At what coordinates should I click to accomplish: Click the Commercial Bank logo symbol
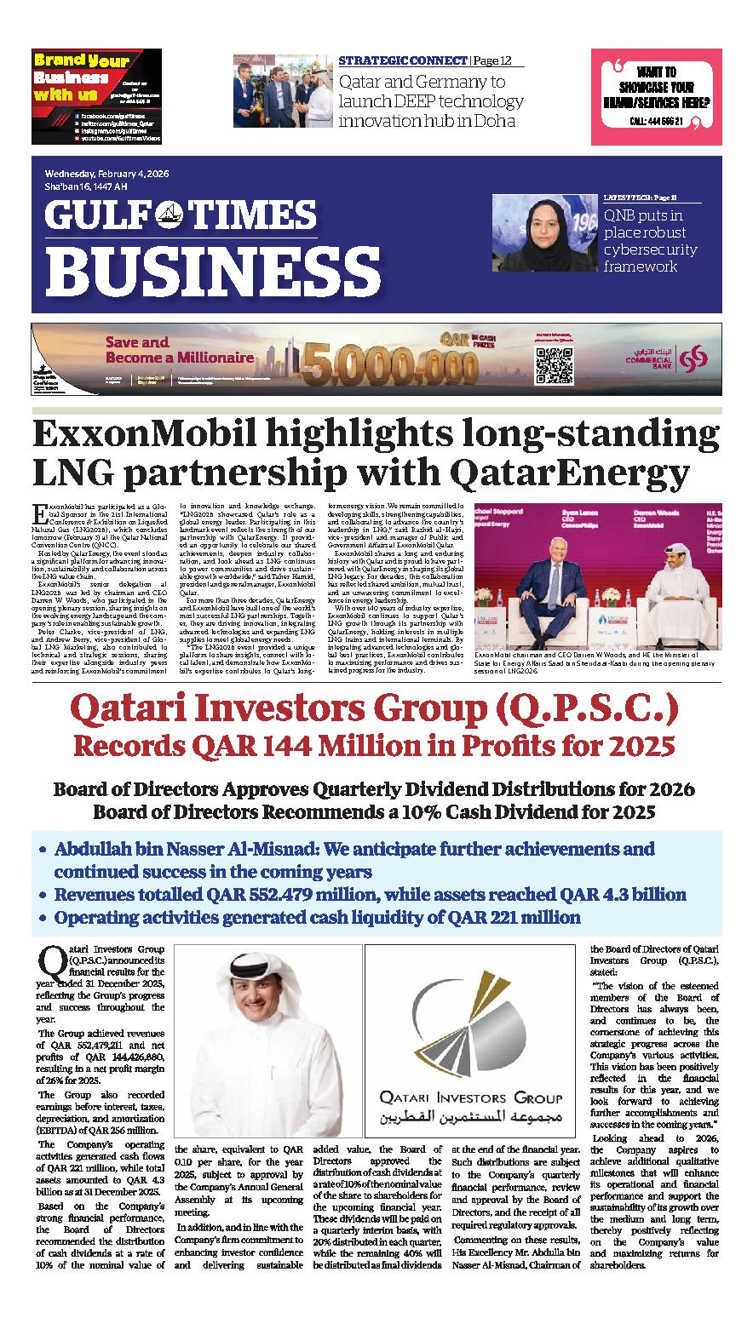pyautogui.click(x=697, y=353)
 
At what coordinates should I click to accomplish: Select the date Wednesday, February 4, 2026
pyautogui.click(x=106, y=174)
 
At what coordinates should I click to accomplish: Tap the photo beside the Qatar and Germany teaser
pyautogui.click(x=282, y=91)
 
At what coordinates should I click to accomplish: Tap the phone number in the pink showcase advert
pyautogui.click(x=655, y=122)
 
